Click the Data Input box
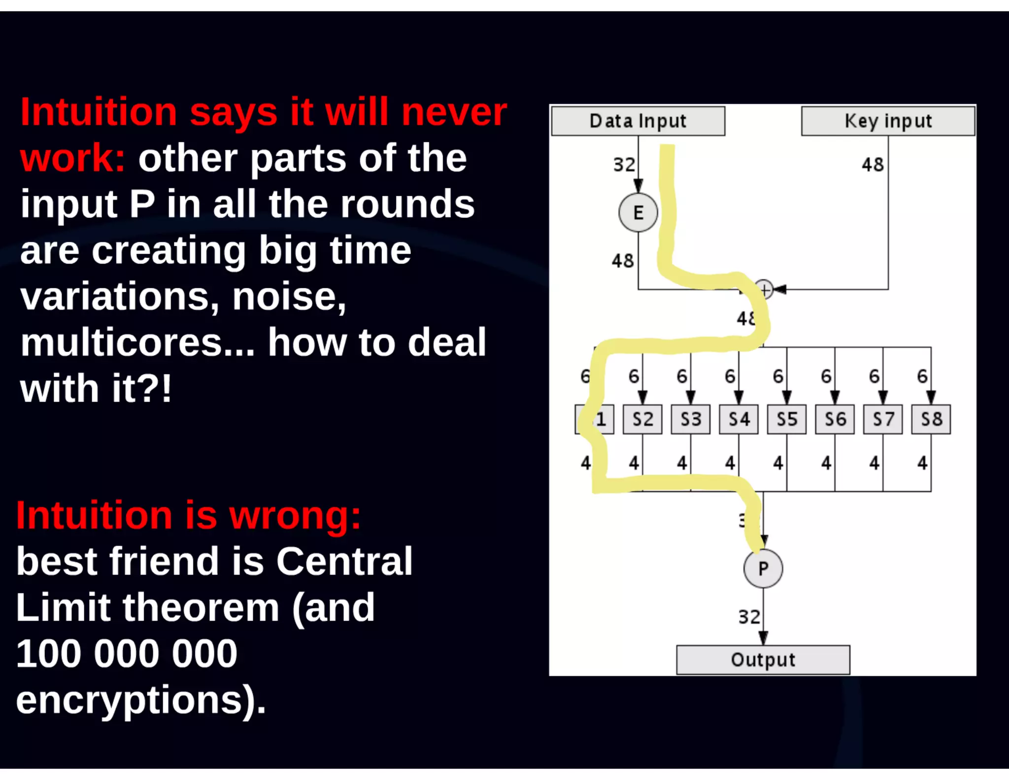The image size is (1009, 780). pyautogui.click(x=638, y=121)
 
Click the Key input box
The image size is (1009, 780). pyautogui.click(x=888, y=121)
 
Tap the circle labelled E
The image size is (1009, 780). pyautogui.click(x=638, y=213)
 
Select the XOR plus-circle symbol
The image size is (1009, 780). pyautogui.click(x=765, y=290)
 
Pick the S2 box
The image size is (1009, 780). pyautogui.click(x=642, y=419)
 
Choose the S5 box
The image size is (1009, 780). pyautogui.click(x=787, y=419)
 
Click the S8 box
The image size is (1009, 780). pyautogui.click(x=931, y=419)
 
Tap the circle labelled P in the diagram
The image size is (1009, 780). pyautogui.click(x=763, y=568)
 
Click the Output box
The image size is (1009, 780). pyautogui.click(x=763, y=660)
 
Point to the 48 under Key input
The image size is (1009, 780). pyautogui.click(x=873, y=165)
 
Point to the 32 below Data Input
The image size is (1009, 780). pyautogui.click(x=624, y=165)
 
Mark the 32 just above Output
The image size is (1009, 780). pyautogui.click(x=749, y=617)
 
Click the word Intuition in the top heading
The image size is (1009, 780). pyautogui.click(x=99, y=112)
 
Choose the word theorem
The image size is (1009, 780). pyautogui.click(x=201, y=607)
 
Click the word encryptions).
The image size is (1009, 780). pyautogui.click(x=141, y=700)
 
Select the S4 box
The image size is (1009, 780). pyautogui.click(x=739, y=419)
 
